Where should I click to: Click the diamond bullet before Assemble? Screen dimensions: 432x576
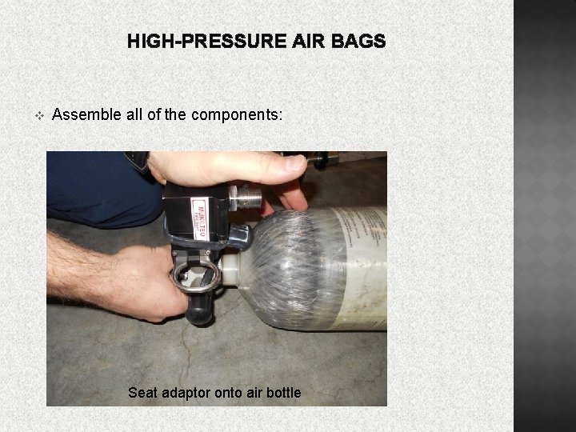(x=38, y=115)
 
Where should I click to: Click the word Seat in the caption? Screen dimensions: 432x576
(x=142, y=393)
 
